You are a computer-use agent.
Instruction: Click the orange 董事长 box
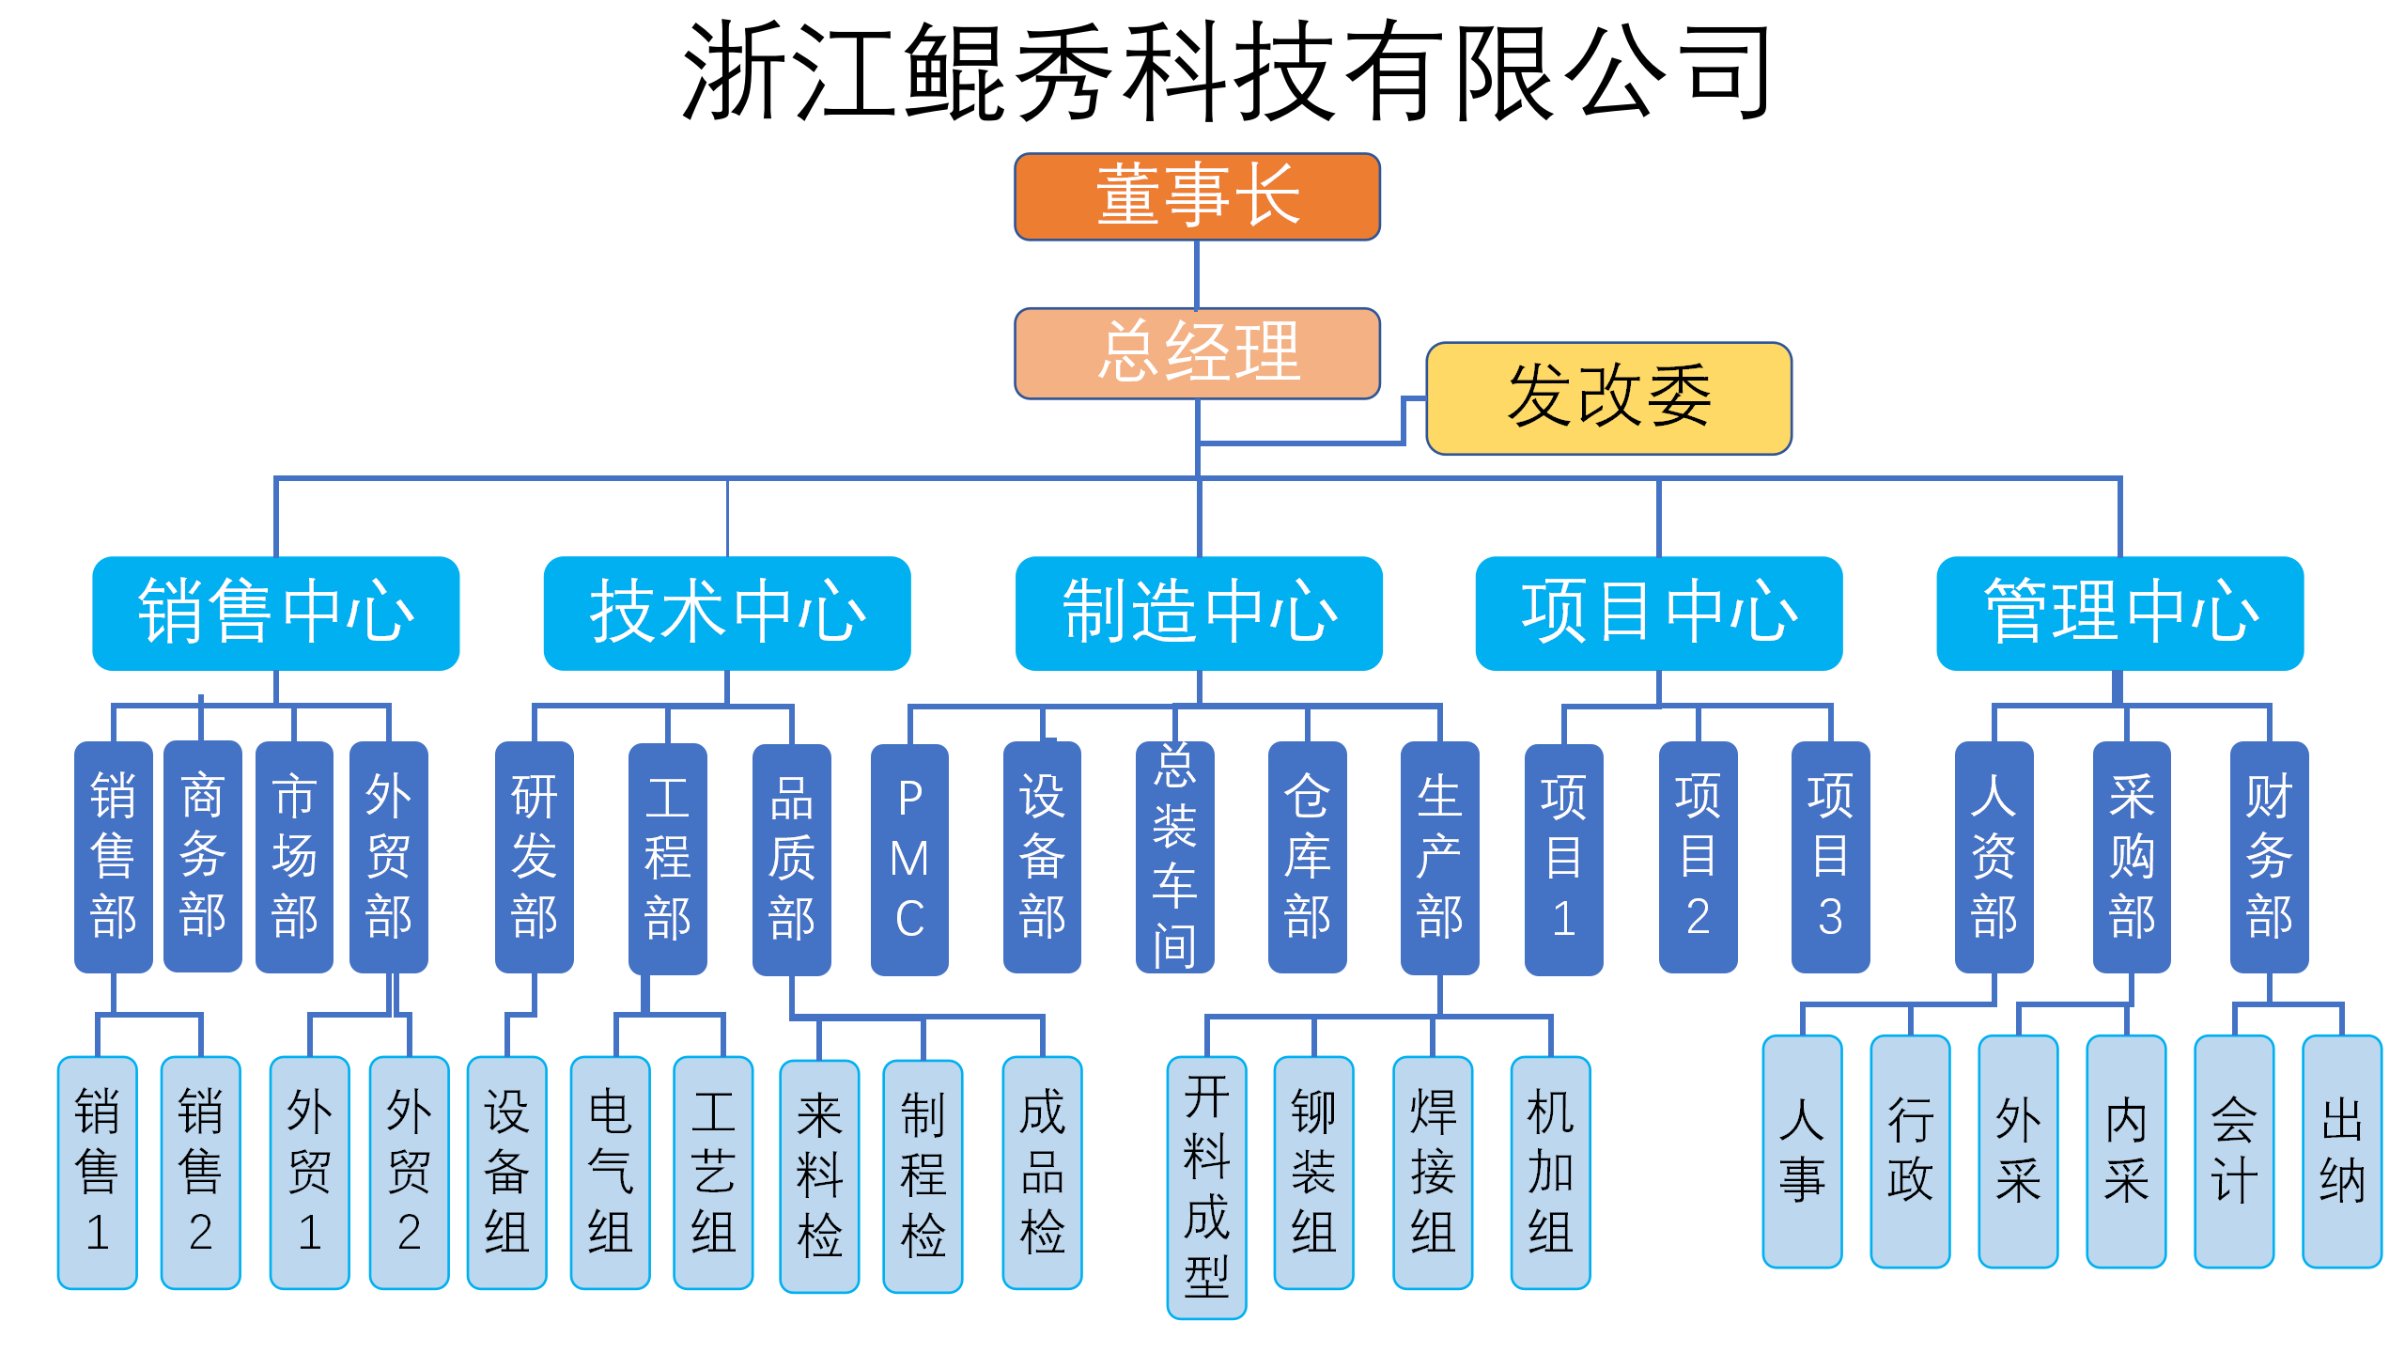[1197, 196]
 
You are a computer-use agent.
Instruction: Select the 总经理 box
[1197, 353]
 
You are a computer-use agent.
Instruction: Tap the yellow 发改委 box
[1608, 398]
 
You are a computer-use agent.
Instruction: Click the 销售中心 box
[275, 613]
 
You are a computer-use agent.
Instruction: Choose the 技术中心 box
[726, 613]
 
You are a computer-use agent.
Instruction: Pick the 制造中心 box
[1199, 613]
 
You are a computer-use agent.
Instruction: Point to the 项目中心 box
[1658, 613]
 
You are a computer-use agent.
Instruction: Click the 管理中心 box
[2119, 613]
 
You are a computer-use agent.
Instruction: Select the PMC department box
[909, 859]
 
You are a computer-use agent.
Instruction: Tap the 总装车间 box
[1174, 857]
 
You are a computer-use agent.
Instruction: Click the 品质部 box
[791, 859]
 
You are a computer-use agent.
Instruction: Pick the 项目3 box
[1830, 857]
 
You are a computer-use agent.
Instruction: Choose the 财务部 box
[2269, 857]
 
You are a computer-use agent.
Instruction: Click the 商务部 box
[202, 856]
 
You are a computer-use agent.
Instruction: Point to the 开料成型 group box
[1206, 1187]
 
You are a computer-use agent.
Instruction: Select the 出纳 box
[2341, 1151]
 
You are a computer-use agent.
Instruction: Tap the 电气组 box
[610, 1172]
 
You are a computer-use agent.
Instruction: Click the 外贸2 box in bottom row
[409, 1172]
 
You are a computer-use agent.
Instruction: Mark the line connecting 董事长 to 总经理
[1196, 274]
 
